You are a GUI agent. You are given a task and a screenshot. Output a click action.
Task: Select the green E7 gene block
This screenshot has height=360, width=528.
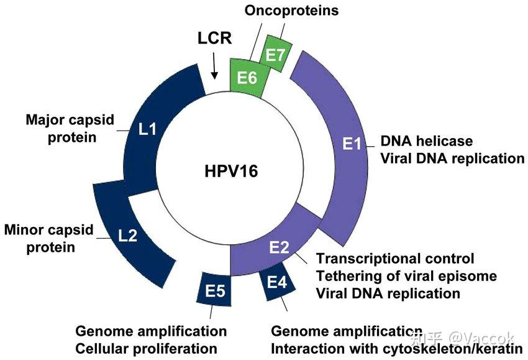coord(275,55)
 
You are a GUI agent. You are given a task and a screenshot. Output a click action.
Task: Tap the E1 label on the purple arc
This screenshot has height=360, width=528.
coord(352,145)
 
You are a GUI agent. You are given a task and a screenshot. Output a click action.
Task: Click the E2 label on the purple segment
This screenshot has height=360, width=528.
coord(279,247)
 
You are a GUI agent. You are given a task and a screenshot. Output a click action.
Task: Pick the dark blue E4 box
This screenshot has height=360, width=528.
coord(276,283)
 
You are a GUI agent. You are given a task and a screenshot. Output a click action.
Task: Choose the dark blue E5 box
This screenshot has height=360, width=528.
coord(214,290)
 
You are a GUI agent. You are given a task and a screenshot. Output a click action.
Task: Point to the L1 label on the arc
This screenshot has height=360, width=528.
coord(147,130)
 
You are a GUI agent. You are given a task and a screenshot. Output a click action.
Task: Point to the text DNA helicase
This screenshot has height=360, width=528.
coord(426,141)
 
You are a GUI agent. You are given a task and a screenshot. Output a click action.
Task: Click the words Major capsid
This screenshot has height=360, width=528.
coord(70,119)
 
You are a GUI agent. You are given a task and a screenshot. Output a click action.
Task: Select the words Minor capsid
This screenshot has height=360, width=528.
coord(48,230)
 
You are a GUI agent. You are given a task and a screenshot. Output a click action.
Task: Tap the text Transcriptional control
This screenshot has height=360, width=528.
coord(395,258)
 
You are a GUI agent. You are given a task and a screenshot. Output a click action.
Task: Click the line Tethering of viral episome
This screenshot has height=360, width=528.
coord(407,275)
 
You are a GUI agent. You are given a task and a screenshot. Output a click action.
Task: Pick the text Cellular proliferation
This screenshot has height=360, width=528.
coord(147,349)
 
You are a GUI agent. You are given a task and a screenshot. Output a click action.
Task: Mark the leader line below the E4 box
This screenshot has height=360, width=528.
coord(285,305)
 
